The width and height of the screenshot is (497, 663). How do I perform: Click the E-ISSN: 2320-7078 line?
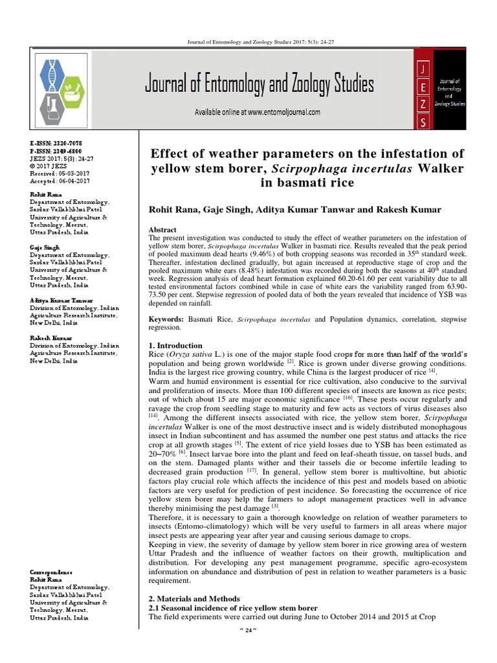click(56, 142)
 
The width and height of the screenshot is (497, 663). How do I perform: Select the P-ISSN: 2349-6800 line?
click(56, 150)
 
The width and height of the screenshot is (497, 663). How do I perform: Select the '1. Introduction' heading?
click(175, 346)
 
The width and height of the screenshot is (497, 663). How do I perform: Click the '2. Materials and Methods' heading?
click(194, 599)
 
